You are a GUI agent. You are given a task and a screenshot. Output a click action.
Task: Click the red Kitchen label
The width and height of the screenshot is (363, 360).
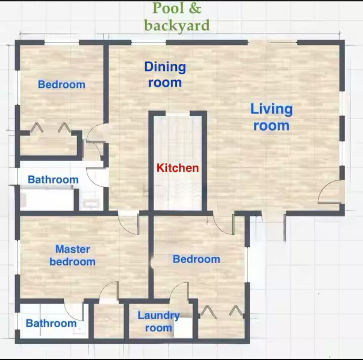click(178, 168)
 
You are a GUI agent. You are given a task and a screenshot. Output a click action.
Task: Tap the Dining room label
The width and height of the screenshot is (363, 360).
click(165, 75)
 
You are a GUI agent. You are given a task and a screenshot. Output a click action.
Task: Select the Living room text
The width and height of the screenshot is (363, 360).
click(271, 117)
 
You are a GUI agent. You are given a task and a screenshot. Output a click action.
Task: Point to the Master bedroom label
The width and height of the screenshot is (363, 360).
click(72, 255)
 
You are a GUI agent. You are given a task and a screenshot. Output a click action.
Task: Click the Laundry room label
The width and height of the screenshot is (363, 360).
click(158, 321)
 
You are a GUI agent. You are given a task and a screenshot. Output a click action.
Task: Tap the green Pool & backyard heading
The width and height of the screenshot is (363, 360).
click(177, 17)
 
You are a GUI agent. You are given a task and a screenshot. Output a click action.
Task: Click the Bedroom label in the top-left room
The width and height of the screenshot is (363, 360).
click(61, 84)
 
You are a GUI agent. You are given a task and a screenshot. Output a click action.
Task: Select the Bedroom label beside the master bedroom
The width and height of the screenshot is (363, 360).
click(196, 259)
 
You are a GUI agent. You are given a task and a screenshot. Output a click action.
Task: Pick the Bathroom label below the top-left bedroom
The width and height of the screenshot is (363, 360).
click(53, 180)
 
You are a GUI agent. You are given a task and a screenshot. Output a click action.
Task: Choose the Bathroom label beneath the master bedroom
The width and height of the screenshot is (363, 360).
click(51, 323)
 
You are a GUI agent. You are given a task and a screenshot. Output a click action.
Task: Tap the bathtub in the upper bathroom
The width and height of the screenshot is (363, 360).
click(47, 199)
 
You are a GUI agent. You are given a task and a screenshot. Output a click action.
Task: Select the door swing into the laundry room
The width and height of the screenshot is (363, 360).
click(179, 292)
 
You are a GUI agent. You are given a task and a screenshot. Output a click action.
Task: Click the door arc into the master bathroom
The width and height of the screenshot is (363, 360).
click(75, 310)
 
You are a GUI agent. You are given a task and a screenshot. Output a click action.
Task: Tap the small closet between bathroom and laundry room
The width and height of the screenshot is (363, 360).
click(108, 321)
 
